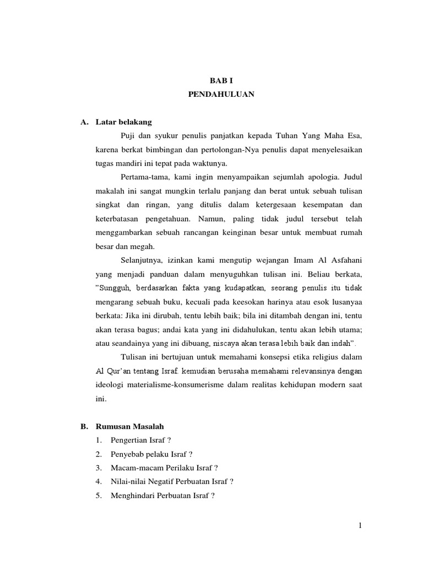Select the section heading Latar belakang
(123, 122)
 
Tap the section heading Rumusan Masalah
(129, 426)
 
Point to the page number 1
(360, 526)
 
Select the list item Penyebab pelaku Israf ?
(151, 454)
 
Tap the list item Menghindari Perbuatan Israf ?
(162, 495)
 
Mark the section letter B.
(85, 426)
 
